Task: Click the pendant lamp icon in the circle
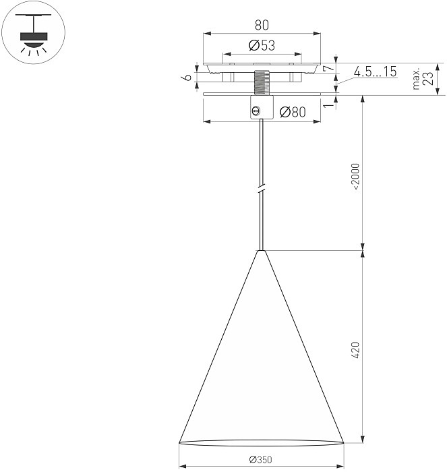point(34,34)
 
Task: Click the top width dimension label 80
point(262,26)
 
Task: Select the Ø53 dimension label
point(262,45)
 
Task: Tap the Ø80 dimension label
point(293,112)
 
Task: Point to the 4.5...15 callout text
point(375,71)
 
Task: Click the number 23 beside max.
point(428,79)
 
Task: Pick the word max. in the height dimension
point(416,79)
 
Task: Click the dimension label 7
point(328,68)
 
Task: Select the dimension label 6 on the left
point(187,78)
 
